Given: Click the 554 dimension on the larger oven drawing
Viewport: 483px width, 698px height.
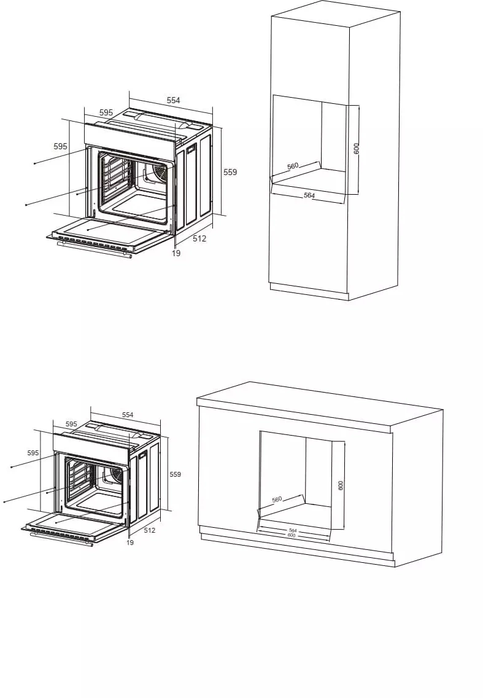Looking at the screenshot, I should (174, 100).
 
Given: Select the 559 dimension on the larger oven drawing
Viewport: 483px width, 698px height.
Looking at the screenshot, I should (230, 172).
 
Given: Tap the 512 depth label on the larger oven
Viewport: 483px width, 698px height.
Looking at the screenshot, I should (199, 238).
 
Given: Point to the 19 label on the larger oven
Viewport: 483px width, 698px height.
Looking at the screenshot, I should (176, 253).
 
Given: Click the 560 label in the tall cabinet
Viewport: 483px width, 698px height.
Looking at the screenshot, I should (293, 166).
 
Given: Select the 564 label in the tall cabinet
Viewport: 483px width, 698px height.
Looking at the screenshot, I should (309, 195).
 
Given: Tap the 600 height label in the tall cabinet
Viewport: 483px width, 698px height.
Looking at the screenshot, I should (357, 148).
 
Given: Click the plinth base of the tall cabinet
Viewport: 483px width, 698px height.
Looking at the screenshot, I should (309, 291).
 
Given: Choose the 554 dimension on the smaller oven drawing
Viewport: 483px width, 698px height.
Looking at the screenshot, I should (128, 415).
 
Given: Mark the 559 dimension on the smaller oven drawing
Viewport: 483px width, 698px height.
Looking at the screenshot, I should (176, 474).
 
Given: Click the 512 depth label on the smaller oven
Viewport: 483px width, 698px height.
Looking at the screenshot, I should (150, 530).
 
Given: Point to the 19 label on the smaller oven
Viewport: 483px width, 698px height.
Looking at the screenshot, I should (130, 543).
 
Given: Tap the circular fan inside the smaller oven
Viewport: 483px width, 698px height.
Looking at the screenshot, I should (115, 474).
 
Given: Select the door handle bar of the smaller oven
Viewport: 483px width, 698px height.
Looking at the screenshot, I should (61, 539).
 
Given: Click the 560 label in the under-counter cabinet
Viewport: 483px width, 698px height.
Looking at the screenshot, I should (277, 500).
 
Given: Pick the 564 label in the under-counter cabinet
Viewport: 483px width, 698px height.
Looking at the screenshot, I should (293, 530).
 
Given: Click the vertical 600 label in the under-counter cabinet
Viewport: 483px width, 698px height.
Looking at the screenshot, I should (341, 485).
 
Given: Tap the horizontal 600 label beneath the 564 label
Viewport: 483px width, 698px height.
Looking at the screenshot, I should (292, 535).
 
